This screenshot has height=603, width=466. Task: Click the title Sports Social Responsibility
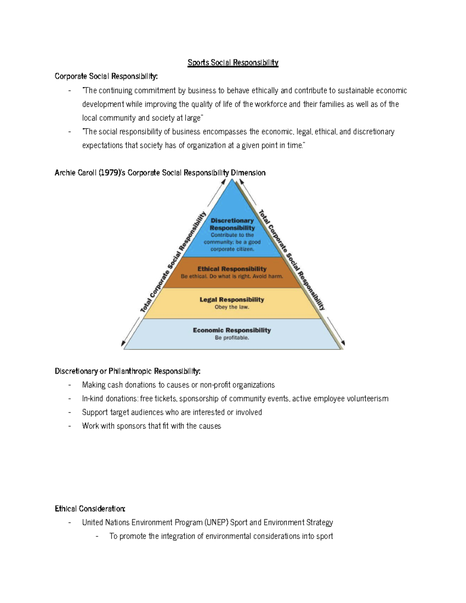click(233, 63)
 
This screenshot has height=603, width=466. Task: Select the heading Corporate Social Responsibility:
click(106, 76)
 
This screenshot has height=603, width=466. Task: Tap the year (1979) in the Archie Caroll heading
click(109, 173)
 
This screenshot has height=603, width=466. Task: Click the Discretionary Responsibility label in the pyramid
click(232, 224)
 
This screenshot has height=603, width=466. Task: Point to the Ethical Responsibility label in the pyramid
click(232, 269)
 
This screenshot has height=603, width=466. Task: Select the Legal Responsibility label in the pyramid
click(232, 299)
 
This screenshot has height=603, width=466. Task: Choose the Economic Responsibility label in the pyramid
click(232, 330)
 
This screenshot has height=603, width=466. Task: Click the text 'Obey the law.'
click(232, 307)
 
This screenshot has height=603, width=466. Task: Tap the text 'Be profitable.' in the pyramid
click(232, 338)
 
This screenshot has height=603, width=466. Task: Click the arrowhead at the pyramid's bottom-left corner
click(123, 344)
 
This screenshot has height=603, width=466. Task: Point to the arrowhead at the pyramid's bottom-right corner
click(343, 344)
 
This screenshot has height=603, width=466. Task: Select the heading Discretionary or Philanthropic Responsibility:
click(127, 371)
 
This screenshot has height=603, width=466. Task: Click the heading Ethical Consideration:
click(90, 509)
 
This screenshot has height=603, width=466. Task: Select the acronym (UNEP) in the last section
click(216, 522)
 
